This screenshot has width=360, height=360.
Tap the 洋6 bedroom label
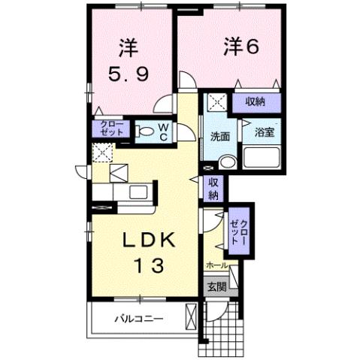(240, 46)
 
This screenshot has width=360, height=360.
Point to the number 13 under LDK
(148, 267)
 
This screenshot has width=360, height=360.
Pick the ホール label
(218, 266)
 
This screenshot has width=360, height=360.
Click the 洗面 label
(219, 138)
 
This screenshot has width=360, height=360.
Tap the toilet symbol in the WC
(147, 132)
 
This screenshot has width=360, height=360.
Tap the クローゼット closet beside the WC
(105, 129)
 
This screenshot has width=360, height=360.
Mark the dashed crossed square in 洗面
(216, 102)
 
